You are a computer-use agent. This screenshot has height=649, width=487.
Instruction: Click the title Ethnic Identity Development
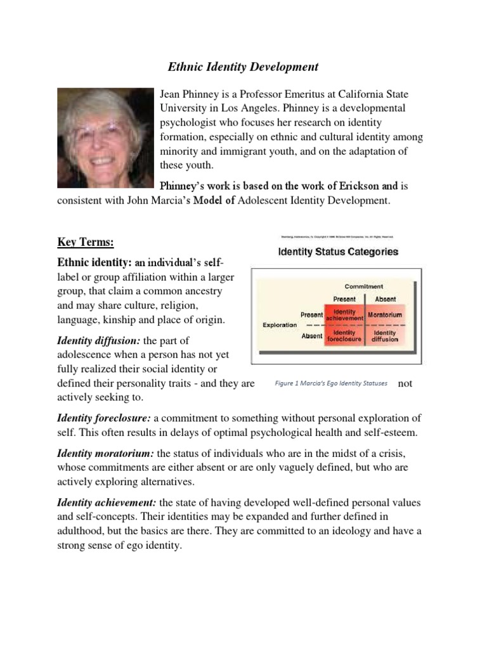tap(243, 66)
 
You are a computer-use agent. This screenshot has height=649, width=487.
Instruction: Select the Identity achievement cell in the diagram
tap(344, 314)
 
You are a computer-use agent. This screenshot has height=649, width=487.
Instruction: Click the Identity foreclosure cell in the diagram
tap(344, 335)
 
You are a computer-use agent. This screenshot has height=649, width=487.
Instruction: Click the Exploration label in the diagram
tap(280, 324)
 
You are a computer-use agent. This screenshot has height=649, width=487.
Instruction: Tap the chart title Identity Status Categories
tap(339, 252)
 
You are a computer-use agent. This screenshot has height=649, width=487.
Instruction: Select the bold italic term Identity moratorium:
tap(106, 453)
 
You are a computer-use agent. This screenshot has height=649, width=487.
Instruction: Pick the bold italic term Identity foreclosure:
tap(104, 418)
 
